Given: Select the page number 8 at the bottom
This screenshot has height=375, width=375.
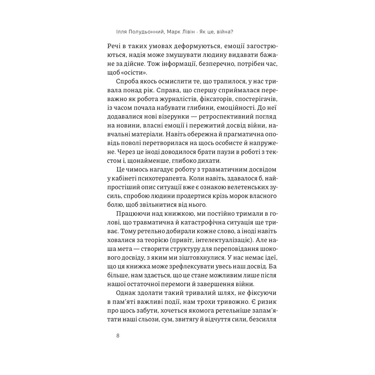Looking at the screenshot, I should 118,335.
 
